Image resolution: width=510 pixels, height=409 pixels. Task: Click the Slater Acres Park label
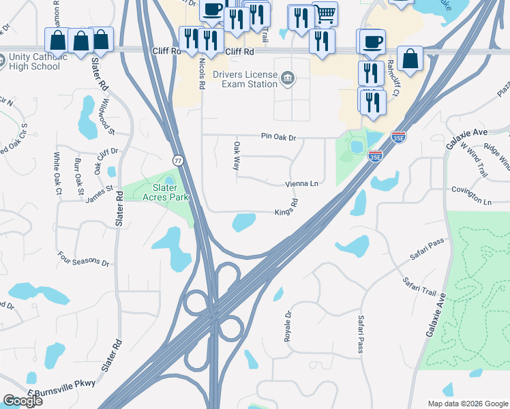coord(155,192)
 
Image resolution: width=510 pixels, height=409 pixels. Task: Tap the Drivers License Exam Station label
coord(245,79)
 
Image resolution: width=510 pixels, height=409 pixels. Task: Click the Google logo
coord(22,401)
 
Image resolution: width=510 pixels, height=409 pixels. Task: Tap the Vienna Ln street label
coord(301,184)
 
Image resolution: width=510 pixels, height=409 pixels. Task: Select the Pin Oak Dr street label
coord(279,137)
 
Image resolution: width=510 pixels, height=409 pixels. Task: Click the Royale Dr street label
coord(288,326)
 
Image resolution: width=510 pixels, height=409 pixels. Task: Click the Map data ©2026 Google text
coord(467,403)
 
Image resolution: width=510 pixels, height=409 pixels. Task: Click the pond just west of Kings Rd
coord(243,222)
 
